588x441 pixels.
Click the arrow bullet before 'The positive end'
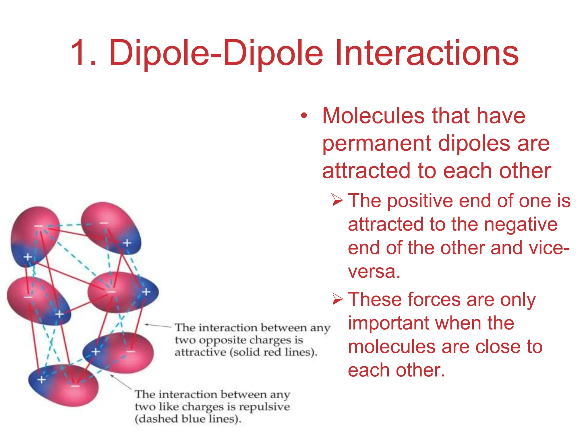tap(338, 200)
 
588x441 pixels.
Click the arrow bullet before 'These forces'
tap(338, 299)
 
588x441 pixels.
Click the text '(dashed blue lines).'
tap(188, 419)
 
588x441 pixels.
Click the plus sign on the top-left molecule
tap(28, 257)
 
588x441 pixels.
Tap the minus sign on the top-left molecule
tap(38, 226)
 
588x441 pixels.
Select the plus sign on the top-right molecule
tap(127, 243)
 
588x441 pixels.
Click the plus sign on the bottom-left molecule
tap(42, 380)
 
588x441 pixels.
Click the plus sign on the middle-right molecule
tap(146, 292)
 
